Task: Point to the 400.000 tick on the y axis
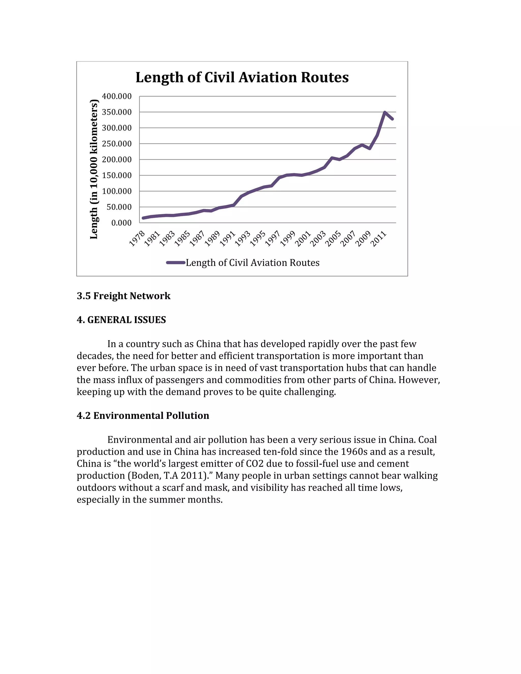point(117,96)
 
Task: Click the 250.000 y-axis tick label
point(117,144)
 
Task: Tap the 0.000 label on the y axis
point(121,223)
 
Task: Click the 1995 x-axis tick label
point(258,239)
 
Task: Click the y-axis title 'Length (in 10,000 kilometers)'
point(94,169)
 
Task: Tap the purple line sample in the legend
point(176,263)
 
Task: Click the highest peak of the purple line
point(385,112)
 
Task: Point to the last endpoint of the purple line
point(392,119)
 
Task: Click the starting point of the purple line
point(143,218)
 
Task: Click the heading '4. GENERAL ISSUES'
point(121,320)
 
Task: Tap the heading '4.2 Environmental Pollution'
point(143,415)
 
